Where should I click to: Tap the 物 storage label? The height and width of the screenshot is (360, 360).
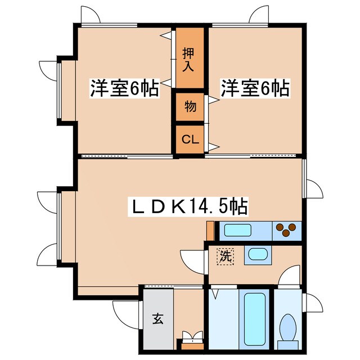(190, 106)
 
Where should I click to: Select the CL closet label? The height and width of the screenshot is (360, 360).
(190, 140)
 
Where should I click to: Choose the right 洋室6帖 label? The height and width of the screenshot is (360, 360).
(254, 88)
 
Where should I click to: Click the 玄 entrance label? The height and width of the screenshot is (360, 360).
(157, 319)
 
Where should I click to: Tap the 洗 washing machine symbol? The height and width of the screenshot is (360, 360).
(225, 257)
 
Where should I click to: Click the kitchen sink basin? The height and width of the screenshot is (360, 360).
(238, 230)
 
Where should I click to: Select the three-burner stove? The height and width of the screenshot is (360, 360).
(287, 230)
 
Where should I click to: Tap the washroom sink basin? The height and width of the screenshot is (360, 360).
(258, 254)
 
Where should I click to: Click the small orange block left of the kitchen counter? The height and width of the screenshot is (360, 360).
(210, 230)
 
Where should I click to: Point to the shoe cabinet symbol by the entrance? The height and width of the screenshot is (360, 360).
(191, 339)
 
